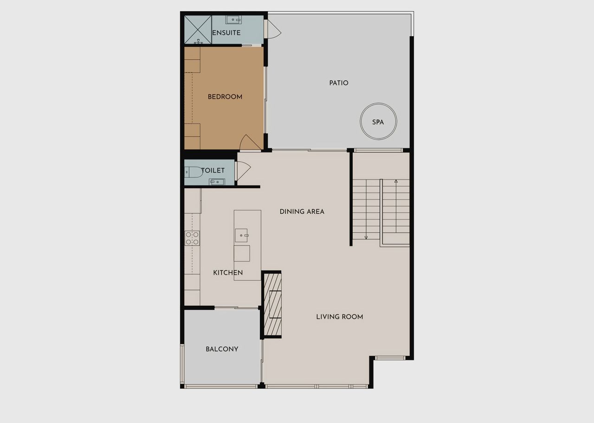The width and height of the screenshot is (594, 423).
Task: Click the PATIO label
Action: point(339,83)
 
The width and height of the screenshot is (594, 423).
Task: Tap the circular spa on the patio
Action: point(378,122)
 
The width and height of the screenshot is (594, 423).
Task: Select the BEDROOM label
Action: point(225,97)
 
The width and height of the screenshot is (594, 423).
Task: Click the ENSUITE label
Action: point(226,33)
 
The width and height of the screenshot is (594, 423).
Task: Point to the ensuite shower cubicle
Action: point(198,30)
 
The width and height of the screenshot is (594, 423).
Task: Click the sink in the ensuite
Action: point(233,19)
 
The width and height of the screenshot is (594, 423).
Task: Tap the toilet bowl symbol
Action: point(194,172)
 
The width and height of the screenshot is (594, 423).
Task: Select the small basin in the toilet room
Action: point(217,182)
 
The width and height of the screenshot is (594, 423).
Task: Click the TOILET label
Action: point(213,170)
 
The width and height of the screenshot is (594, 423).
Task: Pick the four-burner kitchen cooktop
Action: point(192,238)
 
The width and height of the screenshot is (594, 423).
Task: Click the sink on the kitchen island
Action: point(241,235)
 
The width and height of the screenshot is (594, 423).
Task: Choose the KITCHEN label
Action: point(228,273)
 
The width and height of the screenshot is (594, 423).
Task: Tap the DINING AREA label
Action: point(302,211)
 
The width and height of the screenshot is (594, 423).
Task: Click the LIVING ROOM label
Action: point(340,317)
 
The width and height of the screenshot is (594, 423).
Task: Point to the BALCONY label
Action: point(222,349)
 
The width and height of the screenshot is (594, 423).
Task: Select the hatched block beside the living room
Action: point(272,305)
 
